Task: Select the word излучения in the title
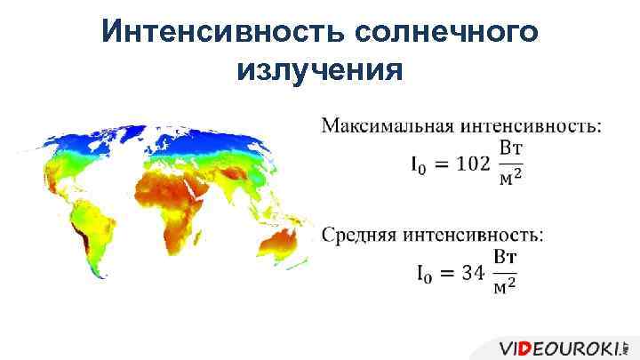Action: (320, 68)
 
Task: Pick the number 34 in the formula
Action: (473, 272)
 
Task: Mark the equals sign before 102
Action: (443, 164)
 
